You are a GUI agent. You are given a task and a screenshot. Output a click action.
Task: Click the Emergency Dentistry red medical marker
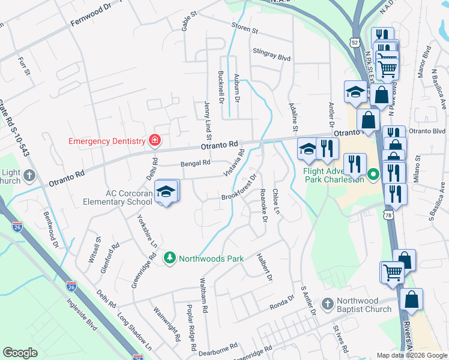[x=155, y=140]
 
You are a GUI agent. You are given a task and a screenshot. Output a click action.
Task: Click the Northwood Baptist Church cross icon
[x=328, y=304]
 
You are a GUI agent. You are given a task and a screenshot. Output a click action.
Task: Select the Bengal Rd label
[x=195, y=163]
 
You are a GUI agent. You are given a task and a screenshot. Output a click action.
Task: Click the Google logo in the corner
[x=20, y=353]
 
